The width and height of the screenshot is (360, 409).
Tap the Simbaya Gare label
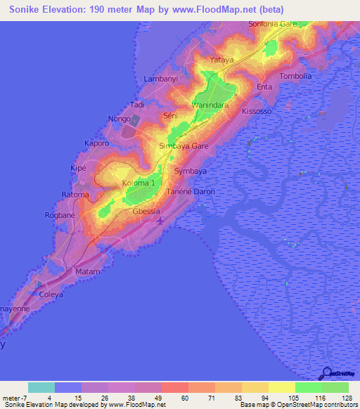point(184,146)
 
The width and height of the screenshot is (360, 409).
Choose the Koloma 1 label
point(138,183)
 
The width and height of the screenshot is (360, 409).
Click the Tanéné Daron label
point(190,192)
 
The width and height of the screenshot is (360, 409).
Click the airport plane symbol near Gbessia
point(161,221)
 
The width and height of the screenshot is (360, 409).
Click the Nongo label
point(120,120)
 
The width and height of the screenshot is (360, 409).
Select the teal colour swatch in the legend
point(41,387)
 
